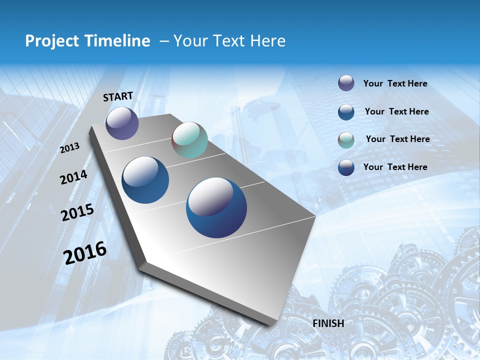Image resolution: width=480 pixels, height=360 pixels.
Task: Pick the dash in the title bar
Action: pos(163,42)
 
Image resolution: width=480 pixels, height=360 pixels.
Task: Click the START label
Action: pos(118,96)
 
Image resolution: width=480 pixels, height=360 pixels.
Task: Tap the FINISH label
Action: pos(328,323)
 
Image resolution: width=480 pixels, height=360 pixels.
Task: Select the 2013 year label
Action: pos(69,148)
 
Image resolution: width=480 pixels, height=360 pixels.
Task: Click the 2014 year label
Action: pos(73,177)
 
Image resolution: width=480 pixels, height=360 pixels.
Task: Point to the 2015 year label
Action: pos(77,212)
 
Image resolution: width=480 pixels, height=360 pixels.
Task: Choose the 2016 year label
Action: pos(85,252)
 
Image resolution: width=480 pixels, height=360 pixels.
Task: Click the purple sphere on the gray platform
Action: pos(122,123)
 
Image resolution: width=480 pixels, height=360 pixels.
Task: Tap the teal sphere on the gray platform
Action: pos(189,140)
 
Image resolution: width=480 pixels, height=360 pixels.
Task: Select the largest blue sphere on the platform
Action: pos(216,207)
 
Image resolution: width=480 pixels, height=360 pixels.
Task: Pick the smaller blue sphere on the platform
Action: pos(145,180)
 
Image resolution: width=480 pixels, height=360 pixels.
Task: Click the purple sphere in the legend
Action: pos(346,83)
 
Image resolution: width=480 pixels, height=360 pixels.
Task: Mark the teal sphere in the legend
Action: pos(346,140)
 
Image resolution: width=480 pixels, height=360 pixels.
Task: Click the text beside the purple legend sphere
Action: pos(395,83)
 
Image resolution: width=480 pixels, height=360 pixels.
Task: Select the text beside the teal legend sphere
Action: pos(397,139)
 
